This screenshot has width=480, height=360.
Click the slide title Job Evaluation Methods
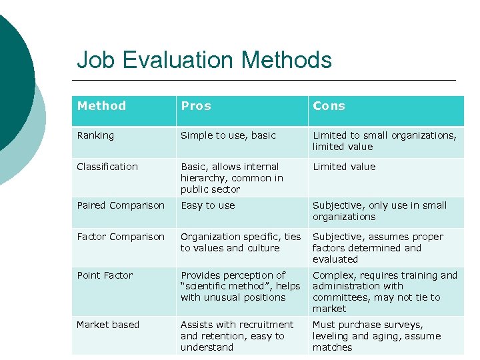(204, 60)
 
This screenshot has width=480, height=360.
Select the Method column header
(101, 106)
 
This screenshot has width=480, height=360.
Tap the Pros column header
(195, 106)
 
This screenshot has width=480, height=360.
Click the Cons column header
(329, 106)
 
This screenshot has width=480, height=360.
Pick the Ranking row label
(95, 135)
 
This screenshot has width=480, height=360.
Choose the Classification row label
(107, 167)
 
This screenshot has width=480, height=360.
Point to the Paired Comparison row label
(121, 205)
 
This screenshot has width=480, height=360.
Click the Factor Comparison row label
(121, 237)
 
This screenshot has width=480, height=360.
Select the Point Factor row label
(105, 275)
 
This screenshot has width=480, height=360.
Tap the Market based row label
(108, 325)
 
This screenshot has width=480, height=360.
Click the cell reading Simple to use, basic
(228, 135)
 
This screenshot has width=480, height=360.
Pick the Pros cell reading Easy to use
(207, 205)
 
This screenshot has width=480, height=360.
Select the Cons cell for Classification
(344, 167)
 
